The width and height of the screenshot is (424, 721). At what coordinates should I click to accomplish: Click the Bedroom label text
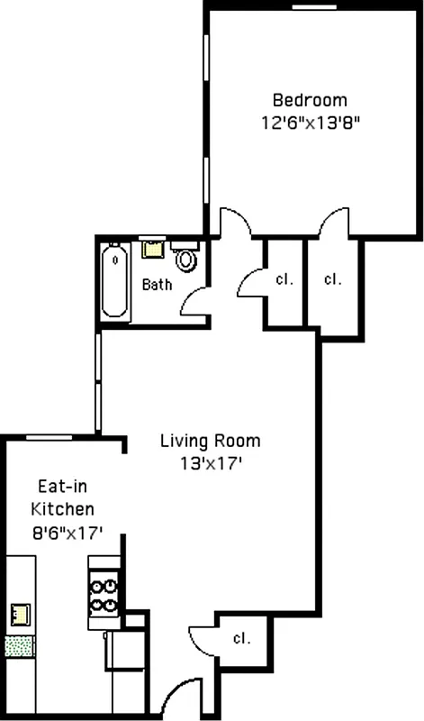tap(310, 100)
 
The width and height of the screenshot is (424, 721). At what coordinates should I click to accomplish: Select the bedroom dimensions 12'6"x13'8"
tap(310, 124)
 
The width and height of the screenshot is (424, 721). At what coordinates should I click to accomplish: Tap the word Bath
tap(157, 285)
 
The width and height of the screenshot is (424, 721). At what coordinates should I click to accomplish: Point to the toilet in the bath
tap(186, 260)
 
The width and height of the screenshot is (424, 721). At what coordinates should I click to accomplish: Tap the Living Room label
tap(210, 441)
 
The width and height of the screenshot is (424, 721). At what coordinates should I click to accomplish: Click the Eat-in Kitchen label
tap(62, 496)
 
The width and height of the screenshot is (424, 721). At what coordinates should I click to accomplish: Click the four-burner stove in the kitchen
tap(104, 592)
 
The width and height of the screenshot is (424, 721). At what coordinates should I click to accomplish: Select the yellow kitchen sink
tap(20, 615)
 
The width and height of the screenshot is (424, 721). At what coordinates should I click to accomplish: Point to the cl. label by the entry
tap(240, 638)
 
